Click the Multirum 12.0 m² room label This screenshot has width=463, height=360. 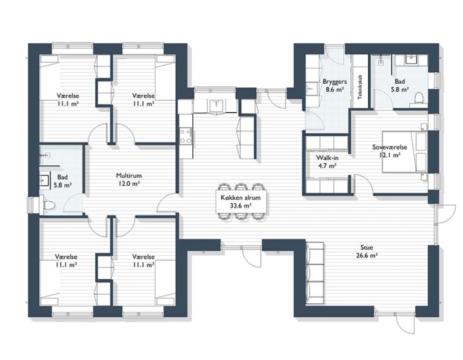128,180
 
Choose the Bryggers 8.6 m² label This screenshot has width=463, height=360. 333,85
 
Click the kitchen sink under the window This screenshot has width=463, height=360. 216,106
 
